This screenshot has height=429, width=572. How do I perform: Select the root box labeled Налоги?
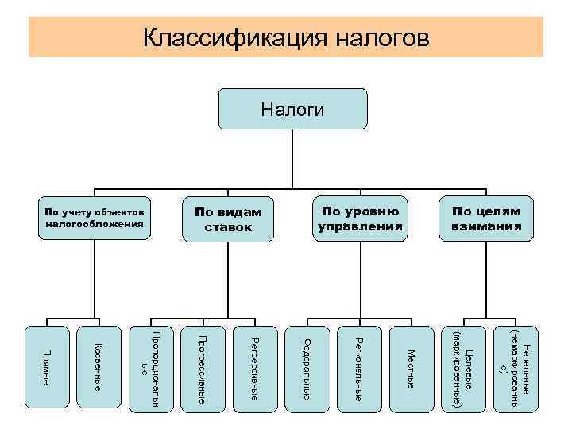[x=293, y=110]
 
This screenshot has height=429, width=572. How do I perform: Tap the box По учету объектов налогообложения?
[x=95, y=218]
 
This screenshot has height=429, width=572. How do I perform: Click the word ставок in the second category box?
[x=229, y=227]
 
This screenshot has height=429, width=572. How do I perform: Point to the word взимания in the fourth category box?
[x=487, y=226]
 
